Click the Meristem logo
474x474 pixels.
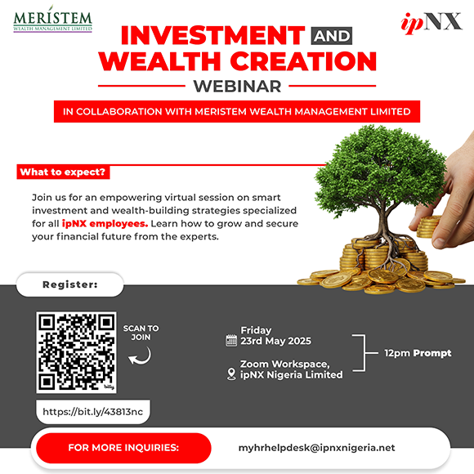point(52,19)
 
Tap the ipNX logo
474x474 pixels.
point(432,23)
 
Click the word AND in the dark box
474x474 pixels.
point(332,36)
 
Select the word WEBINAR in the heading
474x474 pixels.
point(237,86)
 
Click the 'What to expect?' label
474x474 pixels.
point(63,172)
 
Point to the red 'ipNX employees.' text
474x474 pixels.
point(105,224)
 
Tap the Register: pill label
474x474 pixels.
point(70,284)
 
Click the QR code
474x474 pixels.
point(76,352)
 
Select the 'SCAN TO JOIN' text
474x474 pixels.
point(141,333)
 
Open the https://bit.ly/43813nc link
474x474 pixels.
point(93,412)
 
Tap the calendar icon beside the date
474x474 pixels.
point(231,341)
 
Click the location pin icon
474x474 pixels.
point(231,374)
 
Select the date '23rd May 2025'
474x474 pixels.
point(275,341)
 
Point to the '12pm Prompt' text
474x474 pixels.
point(418,353)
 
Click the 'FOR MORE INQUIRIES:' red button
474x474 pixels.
point(123,448)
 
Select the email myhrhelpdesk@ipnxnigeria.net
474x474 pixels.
point(316,448)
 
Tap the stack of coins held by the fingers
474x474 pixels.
point(427,226)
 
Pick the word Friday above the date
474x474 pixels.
point(256,330)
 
